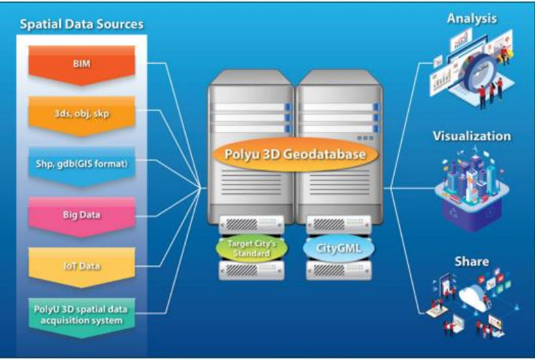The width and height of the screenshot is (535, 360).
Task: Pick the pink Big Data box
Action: click(x=82, y=214)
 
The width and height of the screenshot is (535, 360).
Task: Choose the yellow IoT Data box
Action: click(x=82, y=265)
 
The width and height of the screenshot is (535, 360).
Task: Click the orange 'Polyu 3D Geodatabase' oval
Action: click(x=296, y=154)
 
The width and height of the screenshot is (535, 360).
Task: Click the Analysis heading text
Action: click(x=472, y=18)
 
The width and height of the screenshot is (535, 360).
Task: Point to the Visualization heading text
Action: click(x=472, y=137)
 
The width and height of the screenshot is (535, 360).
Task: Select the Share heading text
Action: click(x=472, y=261)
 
